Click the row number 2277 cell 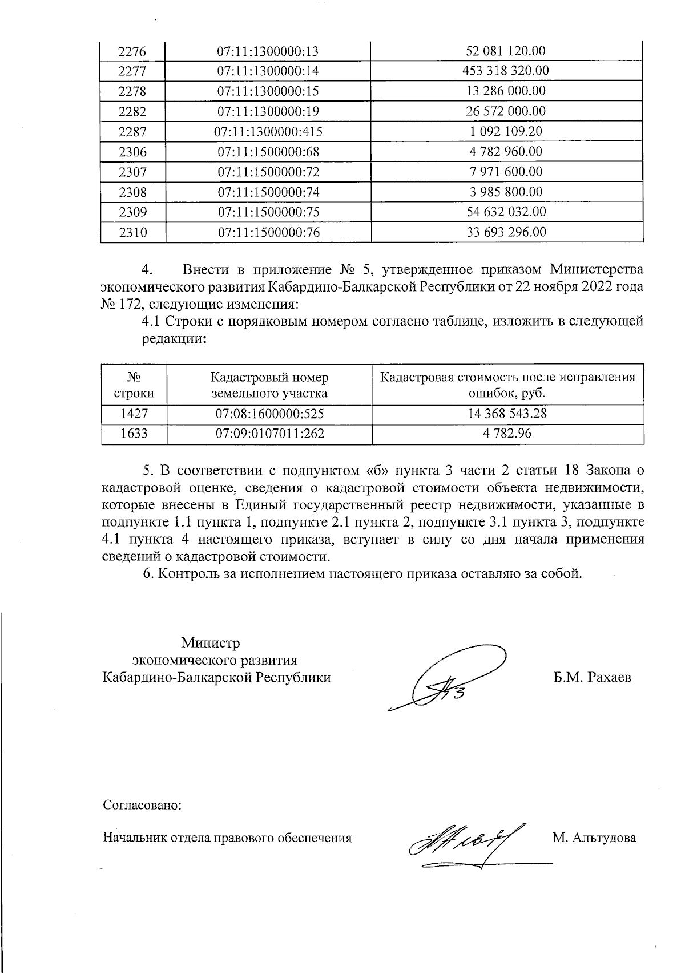(132, 71)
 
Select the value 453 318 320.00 (506, 71)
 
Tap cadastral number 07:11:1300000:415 (268, 132)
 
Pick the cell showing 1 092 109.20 (506, 131)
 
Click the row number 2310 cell (132, 233)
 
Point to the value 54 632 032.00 (506, 212)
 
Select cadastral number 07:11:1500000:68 (268, 152)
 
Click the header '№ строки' (134, 385)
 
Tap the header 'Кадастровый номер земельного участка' (269, 385)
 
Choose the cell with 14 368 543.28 (507, 414)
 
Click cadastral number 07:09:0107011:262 (269, 434)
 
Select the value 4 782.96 (507, 434)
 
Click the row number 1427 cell (134, 414)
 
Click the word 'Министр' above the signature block (211, 643)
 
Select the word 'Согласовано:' (142, 806)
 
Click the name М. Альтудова (594, 838)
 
